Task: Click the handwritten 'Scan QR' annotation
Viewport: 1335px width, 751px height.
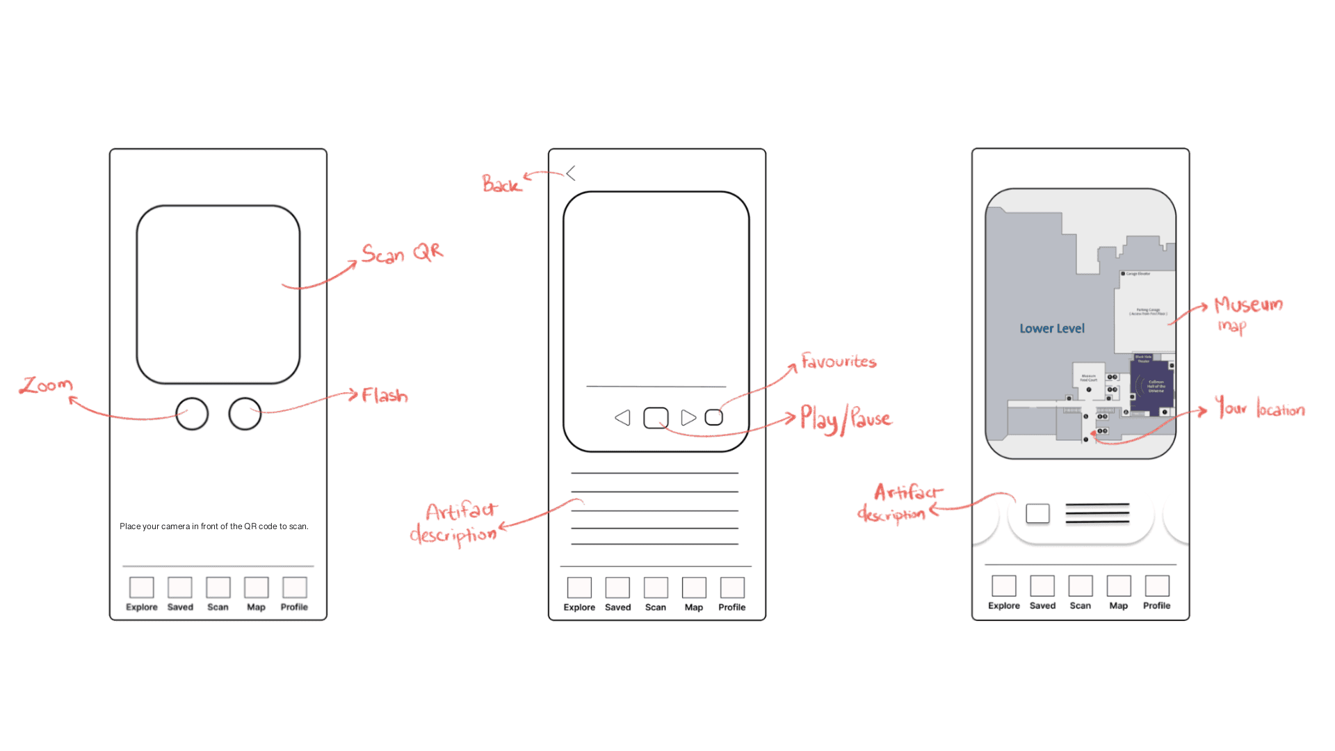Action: [x=402, y=253]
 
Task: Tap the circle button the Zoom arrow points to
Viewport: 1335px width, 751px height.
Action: [x=192, y=414]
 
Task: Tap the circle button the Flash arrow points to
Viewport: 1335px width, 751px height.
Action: [x=245, y=414]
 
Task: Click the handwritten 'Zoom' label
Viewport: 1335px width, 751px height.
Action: [x=46, y=385]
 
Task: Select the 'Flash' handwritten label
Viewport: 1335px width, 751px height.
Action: [x=385, y=396]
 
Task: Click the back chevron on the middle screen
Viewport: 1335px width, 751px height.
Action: [x=571, y=173]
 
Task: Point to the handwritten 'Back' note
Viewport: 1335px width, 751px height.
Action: [x=501, y=184]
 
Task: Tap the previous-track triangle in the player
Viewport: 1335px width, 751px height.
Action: [x=623, y=418]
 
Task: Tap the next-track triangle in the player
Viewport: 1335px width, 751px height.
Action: [x=688, y=418]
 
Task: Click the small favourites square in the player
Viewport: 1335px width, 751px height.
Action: [x=714, y=417]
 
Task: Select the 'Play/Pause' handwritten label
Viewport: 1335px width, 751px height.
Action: [x=845, y=419]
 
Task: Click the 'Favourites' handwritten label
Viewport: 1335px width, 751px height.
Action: [x=839, y=361]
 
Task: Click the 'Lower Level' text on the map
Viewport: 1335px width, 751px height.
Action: [x=1051, y=329]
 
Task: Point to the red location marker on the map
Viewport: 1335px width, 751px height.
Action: [x=1093, y=434]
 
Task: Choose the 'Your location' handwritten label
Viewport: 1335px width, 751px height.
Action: [x=1259, y=407]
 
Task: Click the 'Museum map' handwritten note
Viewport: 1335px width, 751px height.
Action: [x=1247, y=313]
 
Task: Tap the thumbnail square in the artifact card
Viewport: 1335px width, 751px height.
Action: [x=1037, y=514]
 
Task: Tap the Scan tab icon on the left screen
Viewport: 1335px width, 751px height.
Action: [x=218, y=588]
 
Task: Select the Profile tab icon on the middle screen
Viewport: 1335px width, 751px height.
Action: [x=732, y=588]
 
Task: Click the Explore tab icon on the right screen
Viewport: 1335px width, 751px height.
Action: [x=1004, y=586]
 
